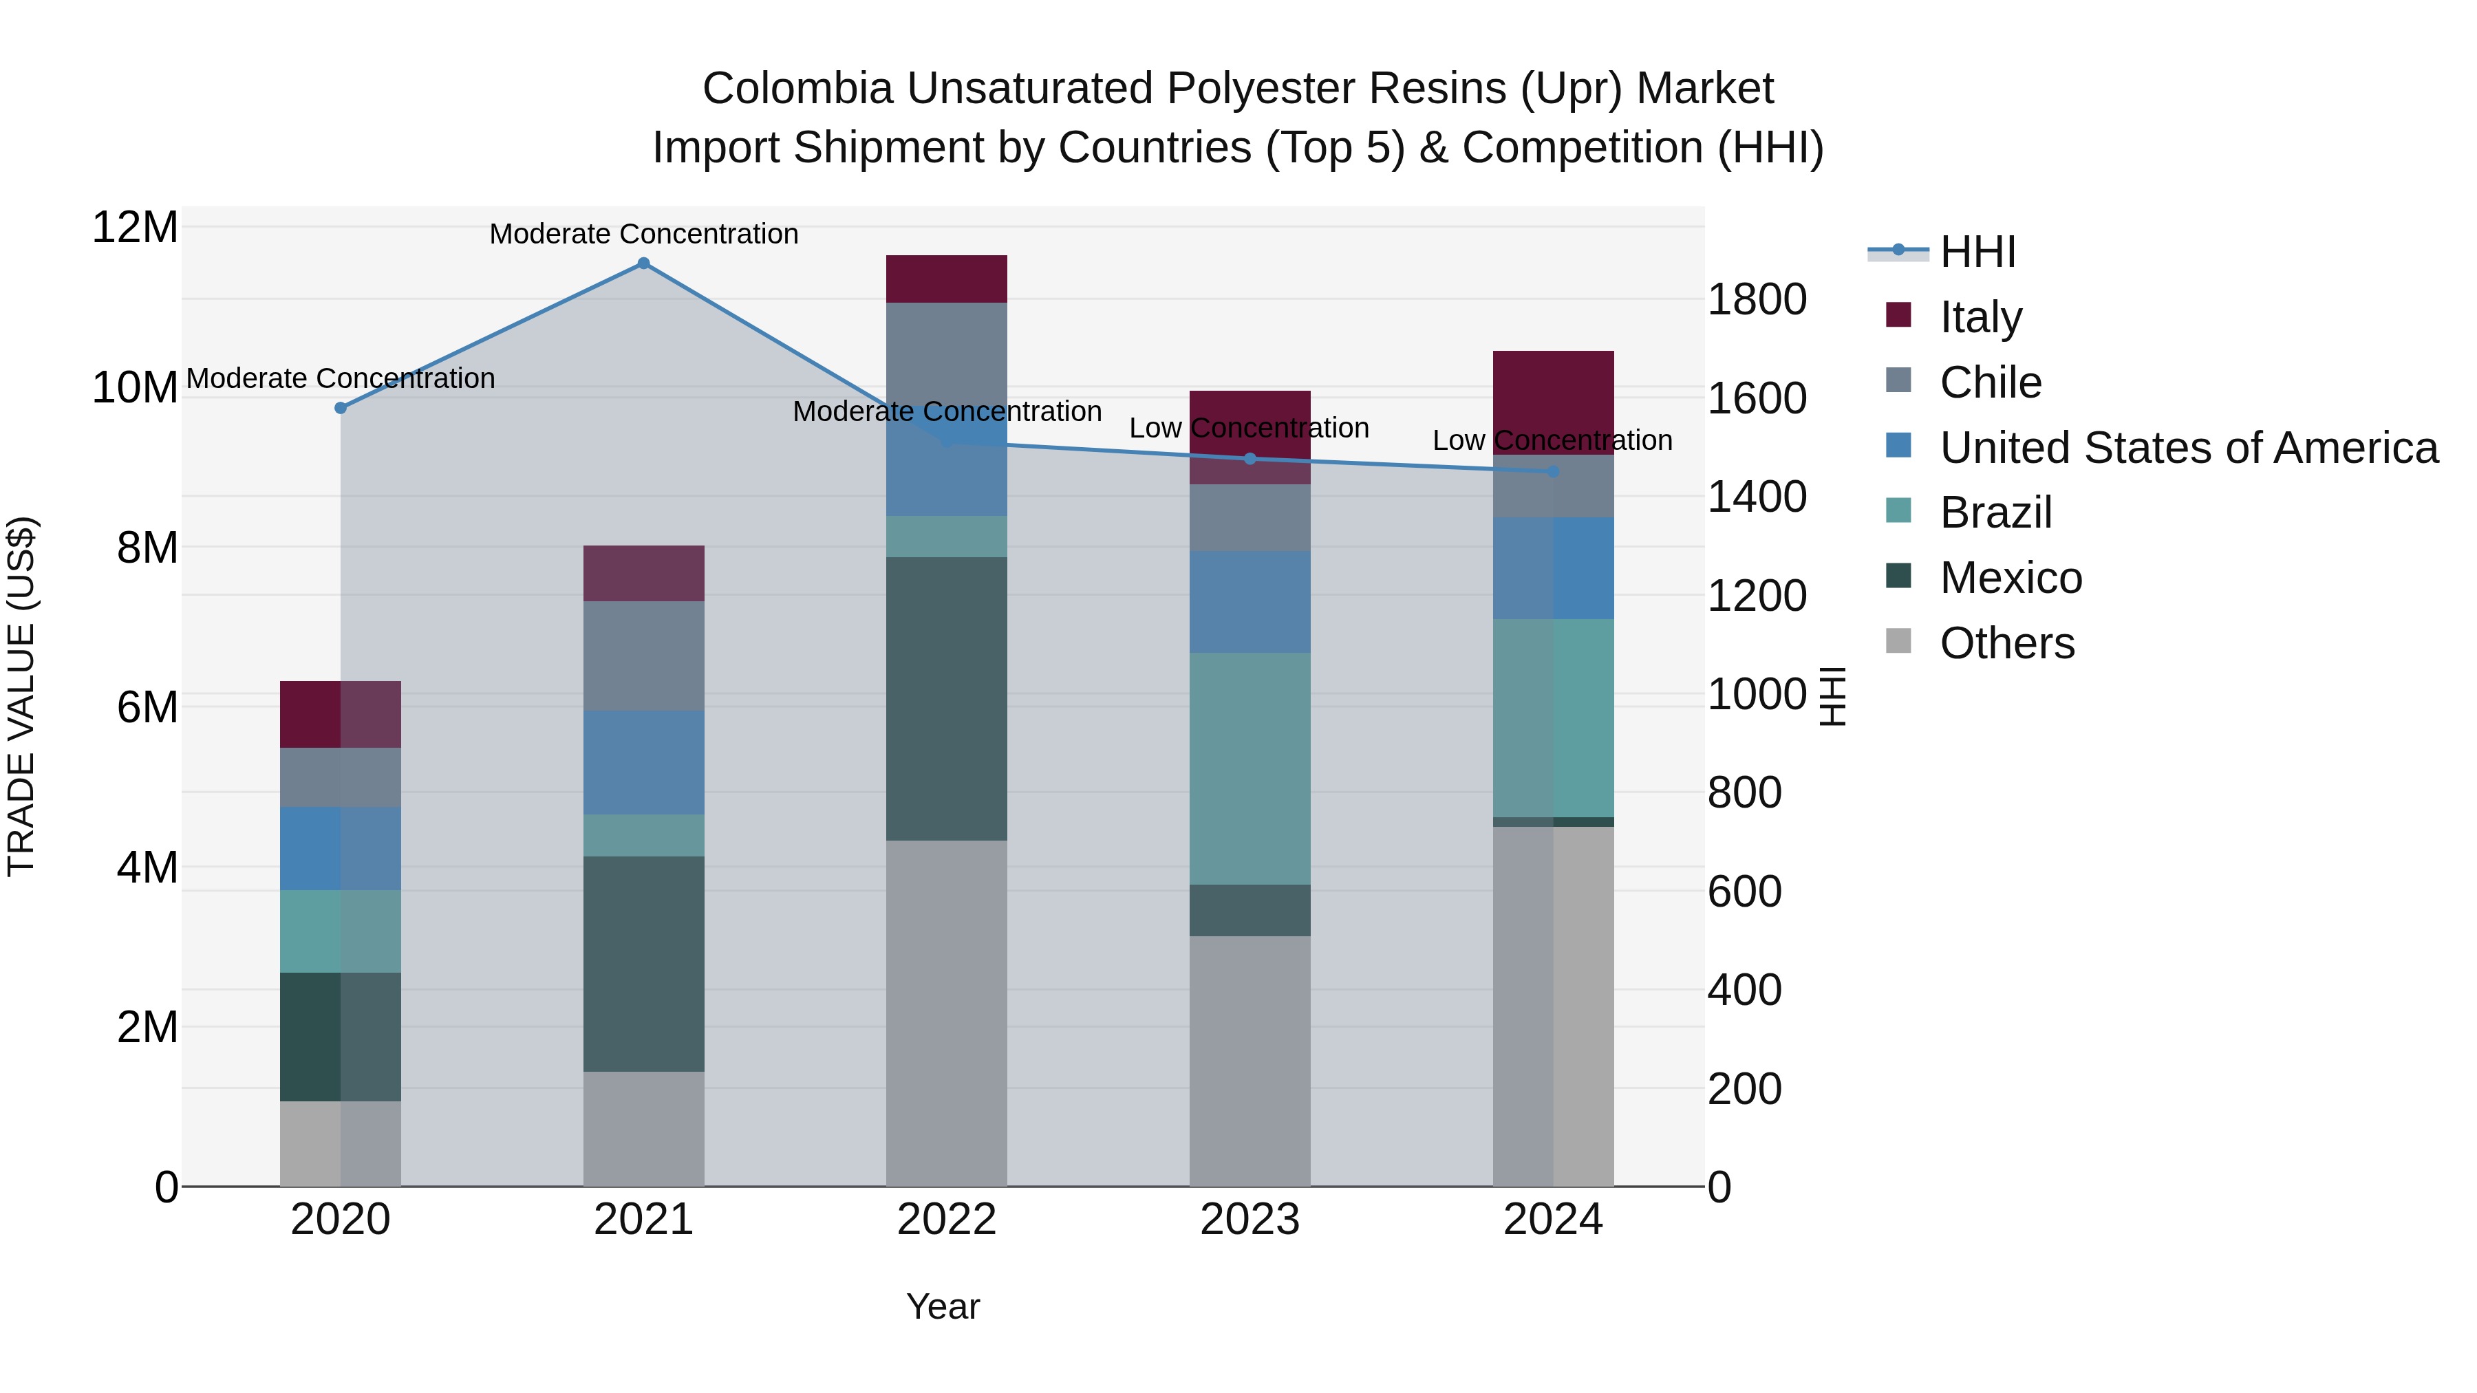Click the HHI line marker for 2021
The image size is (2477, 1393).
point(643,263)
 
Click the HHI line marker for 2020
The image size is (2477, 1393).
point(341,408)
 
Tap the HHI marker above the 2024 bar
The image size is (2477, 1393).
point(1553,471)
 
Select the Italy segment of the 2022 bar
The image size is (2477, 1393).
point(946,279)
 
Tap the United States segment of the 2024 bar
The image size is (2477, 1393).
point(1553,568)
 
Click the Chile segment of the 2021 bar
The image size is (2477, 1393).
point(643,656)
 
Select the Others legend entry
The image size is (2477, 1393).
point(2006,642)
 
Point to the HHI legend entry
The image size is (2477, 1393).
point(1976,252)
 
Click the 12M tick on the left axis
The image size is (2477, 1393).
point(135,228)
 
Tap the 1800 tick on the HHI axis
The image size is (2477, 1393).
point(1757,299)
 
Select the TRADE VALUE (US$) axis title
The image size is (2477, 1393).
point(21,696)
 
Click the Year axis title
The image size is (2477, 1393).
point(943,1306)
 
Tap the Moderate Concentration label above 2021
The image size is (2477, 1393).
point(643,234)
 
